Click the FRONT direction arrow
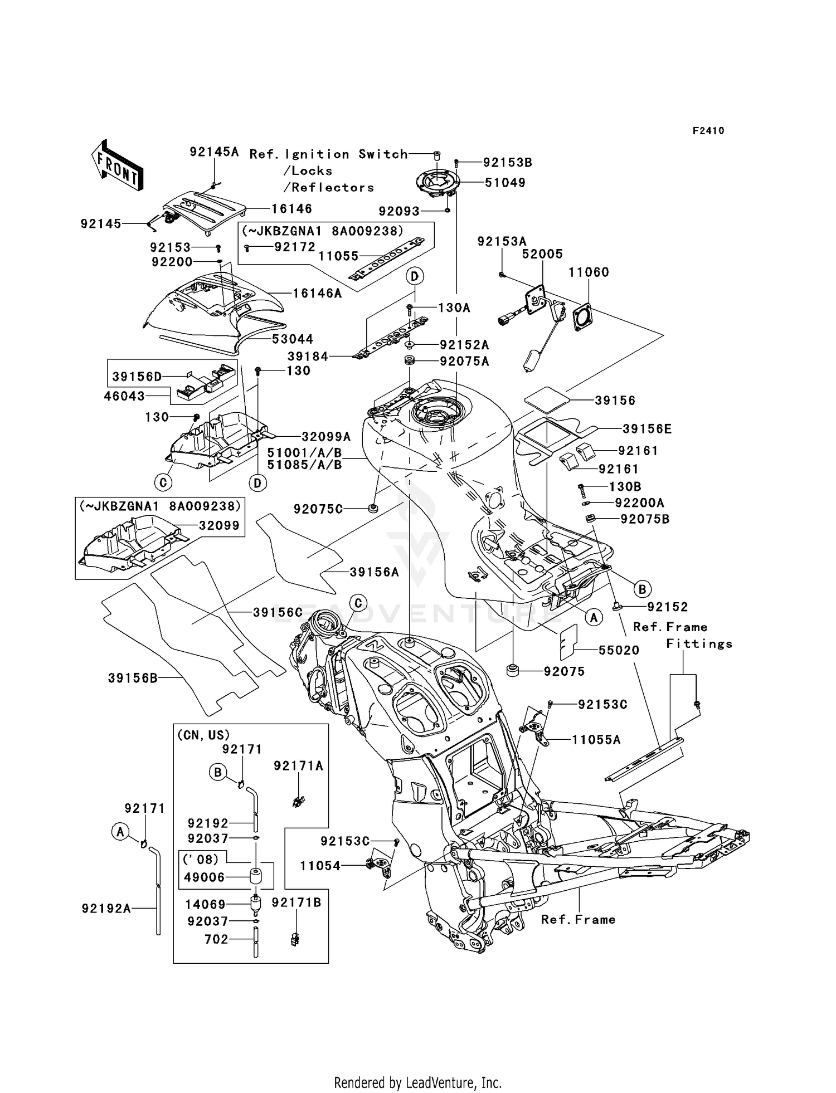click(117, 166)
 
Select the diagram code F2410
click(708, 131)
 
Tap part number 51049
click(504, 183)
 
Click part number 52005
click(542, 254)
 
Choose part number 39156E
click(647, 428)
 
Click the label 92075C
click(318, 509)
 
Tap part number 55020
click(619, 650)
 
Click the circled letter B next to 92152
click(642, 588)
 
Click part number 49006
click(204, 877)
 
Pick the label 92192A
click(106, 909)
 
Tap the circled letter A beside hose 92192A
click(119, 832)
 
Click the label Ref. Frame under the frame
click(578, 920)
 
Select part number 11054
click(320, 865)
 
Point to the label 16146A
click(317, 293)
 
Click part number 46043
click(124, 396)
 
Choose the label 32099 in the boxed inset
click(220, 525)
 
